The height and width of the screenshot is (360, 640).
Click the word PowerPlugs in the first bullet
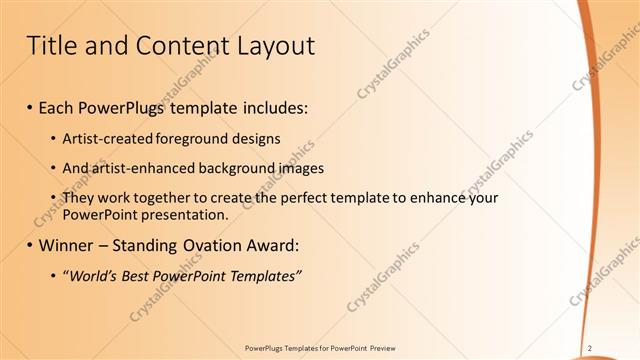coord(128,106)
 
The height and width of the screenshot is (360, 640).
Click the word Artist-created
coord(103,138)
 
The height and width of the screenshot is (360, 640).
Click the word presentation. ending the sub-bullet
coord(187,215)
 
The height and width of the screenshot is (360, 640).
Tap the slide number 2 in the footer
coord(590,347)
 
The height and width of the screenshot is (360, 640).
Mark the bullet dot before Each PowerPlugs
coord(30,107)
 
